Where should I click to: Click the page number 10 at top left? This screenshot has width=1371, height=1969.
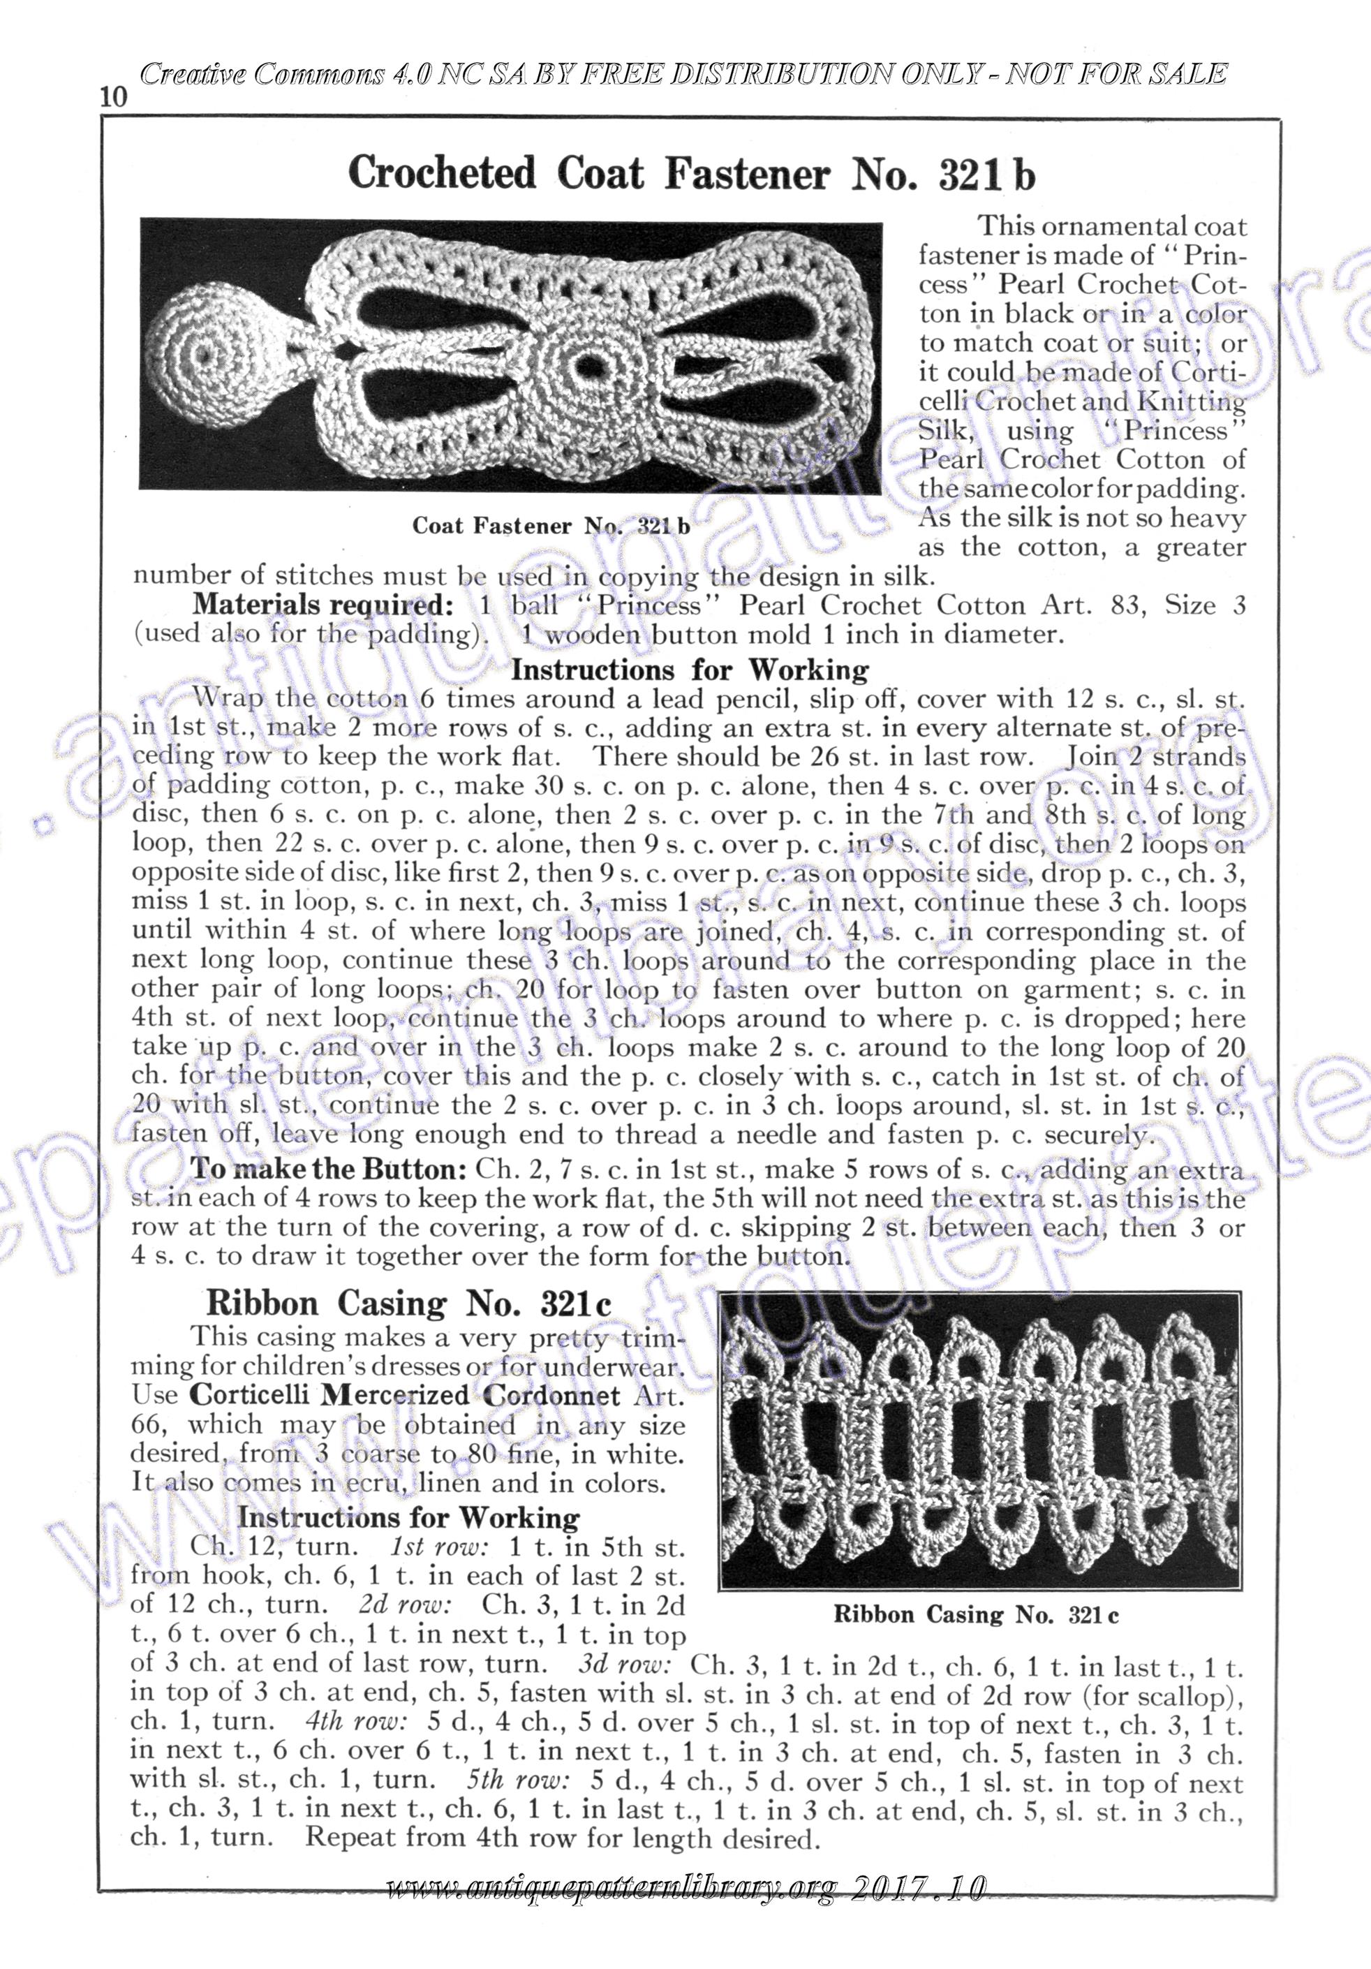click(x=114, y=97)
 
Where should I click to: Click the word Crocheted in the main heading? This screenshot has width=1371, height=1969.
click(x=442, y=173)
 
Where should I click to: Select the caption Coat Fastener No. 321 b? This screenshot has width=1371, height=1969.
click(x=551, y=526)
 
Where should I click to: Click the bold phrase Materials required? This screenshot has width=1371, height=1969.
click(x=323, y=605)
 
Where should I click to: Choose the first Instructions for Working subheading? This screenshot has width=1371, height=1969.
click(x=690, y=669)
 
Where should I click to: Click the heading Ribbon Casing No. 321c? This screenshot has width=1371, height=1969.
click(x=408, y=1304)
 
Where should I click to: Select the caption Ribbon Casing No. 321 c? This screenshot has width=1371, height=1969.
click(x=976, y=1615)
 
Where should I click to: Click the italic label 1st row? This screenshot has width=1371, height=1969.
click(x=439, y=1547)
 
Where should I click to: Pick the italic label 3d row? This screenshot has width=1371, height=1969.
click(x=623, y=1665)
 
